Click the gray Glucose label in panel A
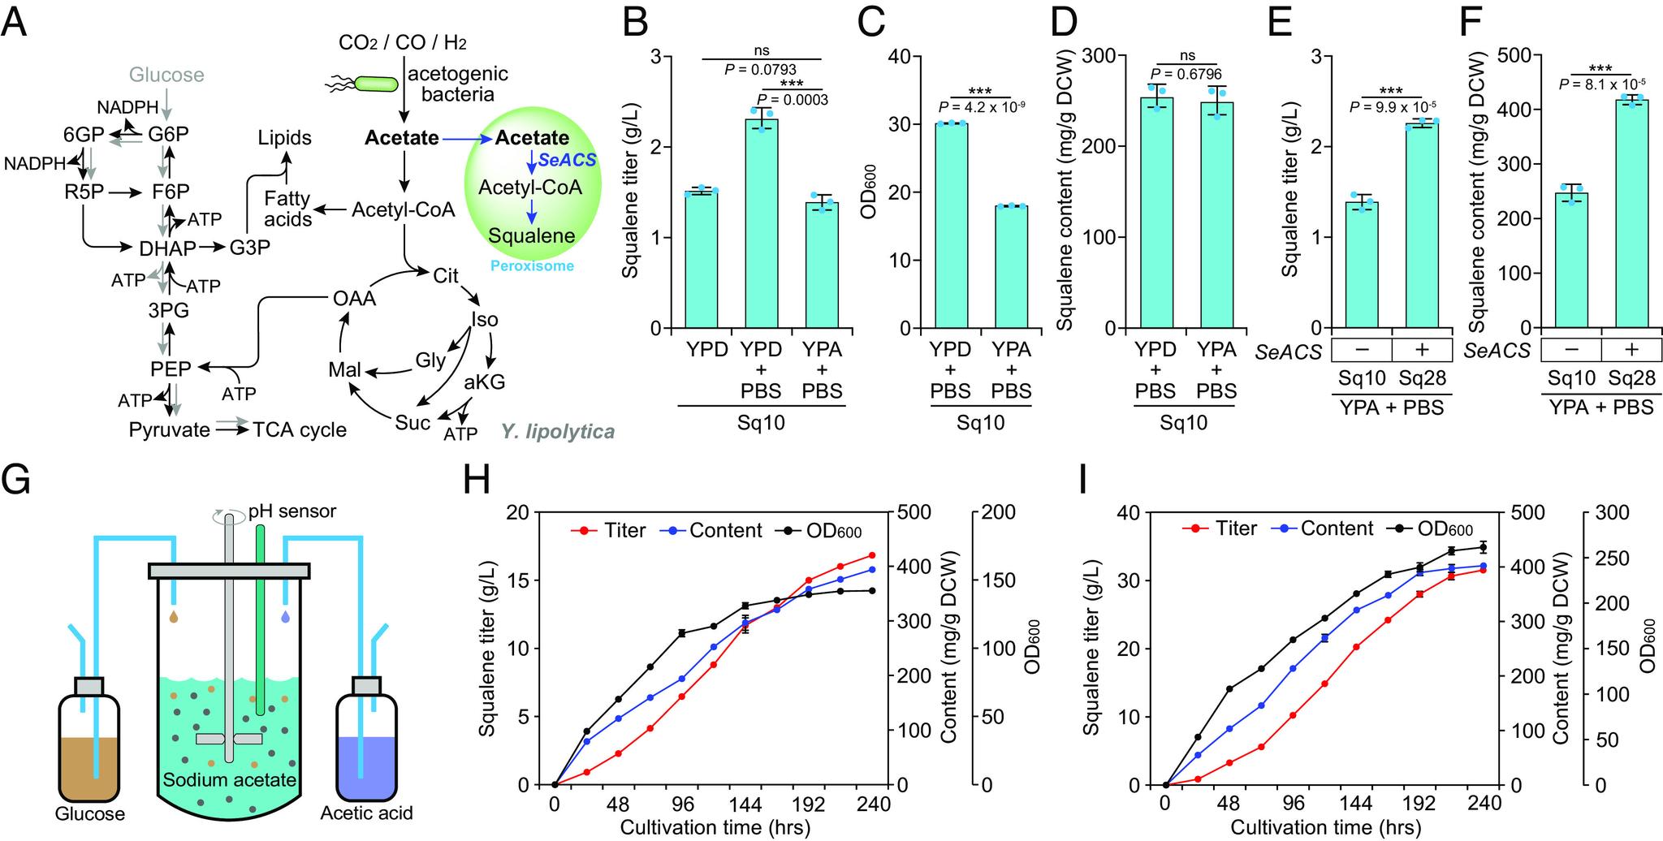click(167, 75)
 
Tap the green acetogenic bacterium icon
click(373, 84)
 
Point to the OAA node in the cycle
click(355, 299)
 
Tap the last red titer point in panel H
click(871, 555)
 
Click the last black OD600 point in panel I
click(1483, 547)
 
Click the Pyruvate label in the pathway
click(169, 429)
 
